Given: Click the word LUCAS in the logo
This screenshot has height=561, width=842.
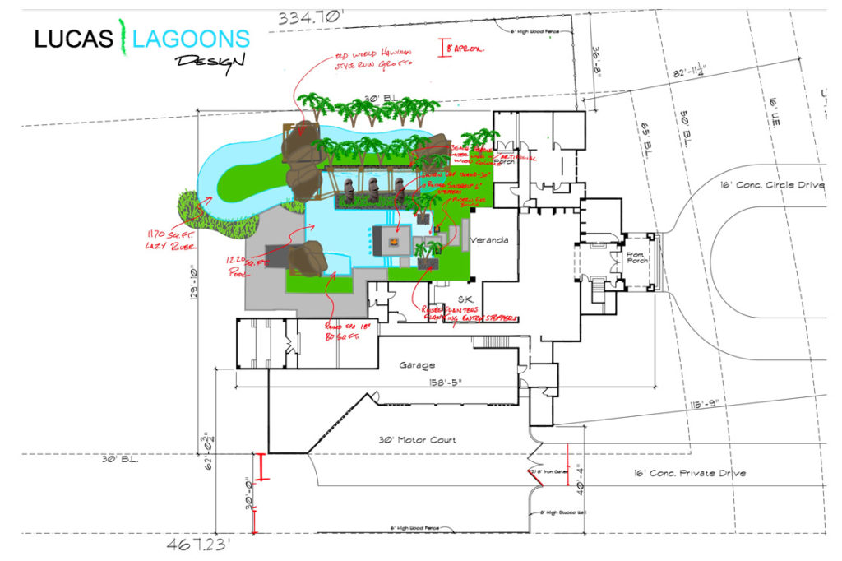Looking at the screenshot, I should (73, 38).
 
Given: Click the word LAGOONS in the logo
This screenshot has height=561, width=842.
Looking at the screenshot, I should (192, 38).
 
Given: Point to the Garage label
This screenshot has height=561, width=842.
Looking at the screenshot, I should (416, 364).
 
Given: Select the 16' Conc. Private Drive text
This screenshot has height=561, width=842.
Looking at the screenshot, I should (689, 473).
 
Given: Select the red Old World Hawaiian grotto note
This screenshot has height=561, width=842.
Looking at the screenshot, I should (371, 59).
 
